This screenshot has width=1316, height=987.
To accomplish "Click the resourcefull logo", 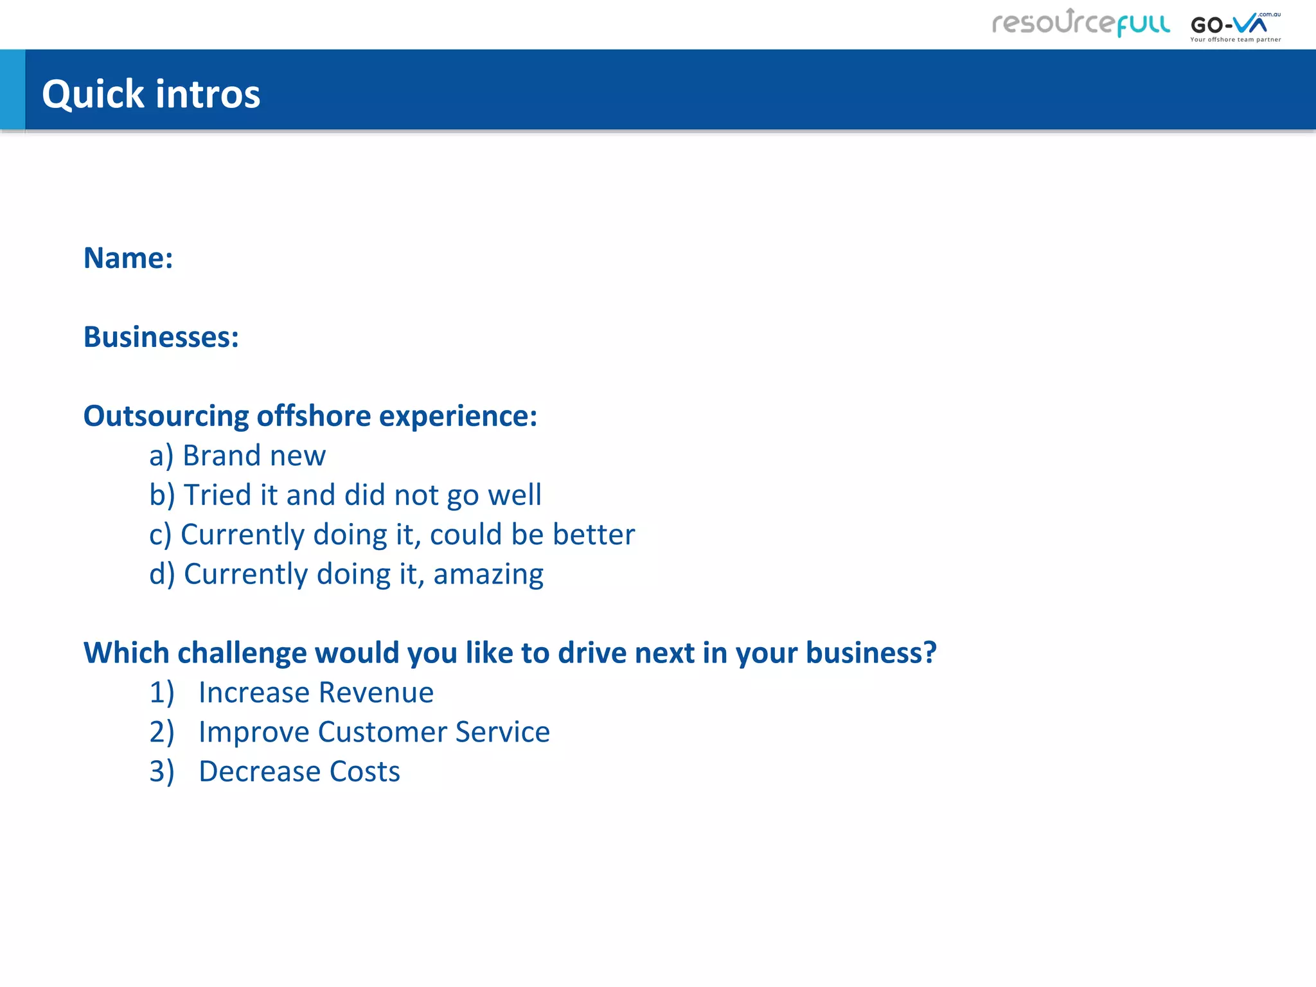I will tap(1081, 24).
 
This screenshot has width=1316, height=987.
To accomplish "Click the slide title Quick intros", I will tap(151, 94).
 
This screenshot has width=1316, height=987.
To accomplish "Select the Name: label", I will tap(129, 258).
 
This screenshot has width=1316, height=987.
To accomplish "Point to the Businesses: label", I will tap(161, 337).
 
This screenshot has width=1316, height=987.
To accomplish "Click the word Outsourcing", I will tap(166, 416).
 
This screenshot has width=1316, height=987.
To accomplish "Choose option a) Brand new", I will tap(238, 456).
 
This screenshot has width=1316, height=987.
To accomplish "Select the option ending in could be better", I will tap(392, 535).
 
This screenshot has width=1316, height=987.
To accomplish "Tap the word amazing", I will tap(488, 574).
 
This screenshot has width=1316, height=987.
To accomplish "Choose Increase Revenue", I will tap(315, 693).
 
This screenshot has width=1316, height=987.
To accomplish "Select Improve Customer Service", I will tap(373, 733).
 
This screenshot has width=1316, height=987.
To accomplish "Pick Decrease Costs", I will tap(299, 772).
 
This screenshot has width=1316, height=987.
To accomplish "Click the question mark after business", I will tap(930, 653).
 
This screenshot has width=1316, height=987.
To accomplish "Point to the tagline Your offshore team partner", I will tap(1235, 40).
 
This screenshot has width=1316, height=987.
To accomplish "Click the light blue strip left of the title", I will tap(12, 90).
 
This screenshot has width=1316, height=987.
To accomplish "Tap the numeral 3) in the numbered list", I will tap(161, 772).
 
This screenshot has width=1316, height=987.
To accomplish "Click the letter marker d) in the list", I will tap(162, 574).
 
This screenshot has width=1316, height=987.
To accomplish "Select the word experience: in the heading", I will tap(458, 416).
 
